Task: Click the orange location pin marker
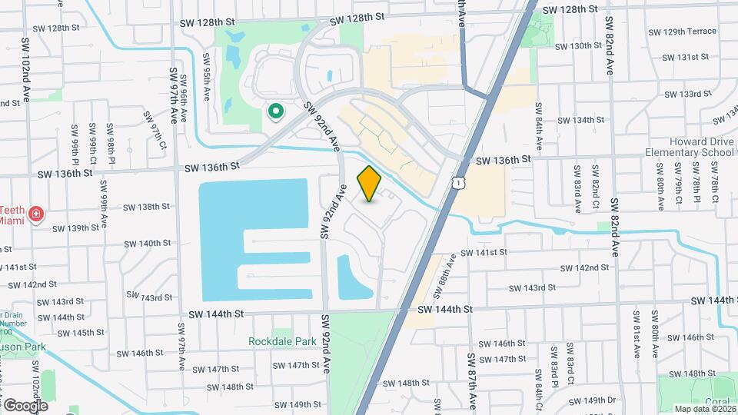(370, 184)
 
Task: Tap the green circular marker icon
(275, 112)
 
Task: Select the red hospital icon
(35, 214)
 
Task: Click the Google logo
(25, 405)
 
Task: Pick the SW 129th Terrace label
(682, 32)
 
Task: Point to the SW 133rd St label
(687, 94)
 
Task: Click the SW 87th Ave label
(472, 379)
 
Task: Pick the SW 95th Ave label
(206, 78)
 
